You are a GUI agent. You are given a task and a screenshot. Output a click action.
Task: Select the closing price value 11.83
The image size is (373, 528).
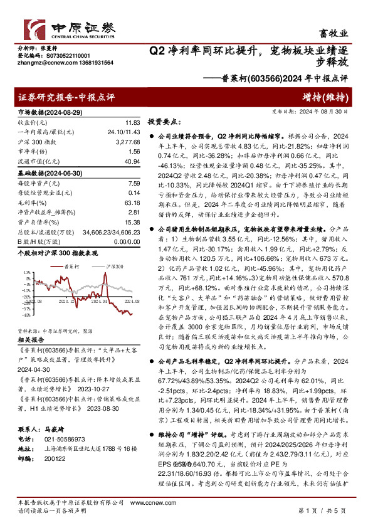pos(132,122)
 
